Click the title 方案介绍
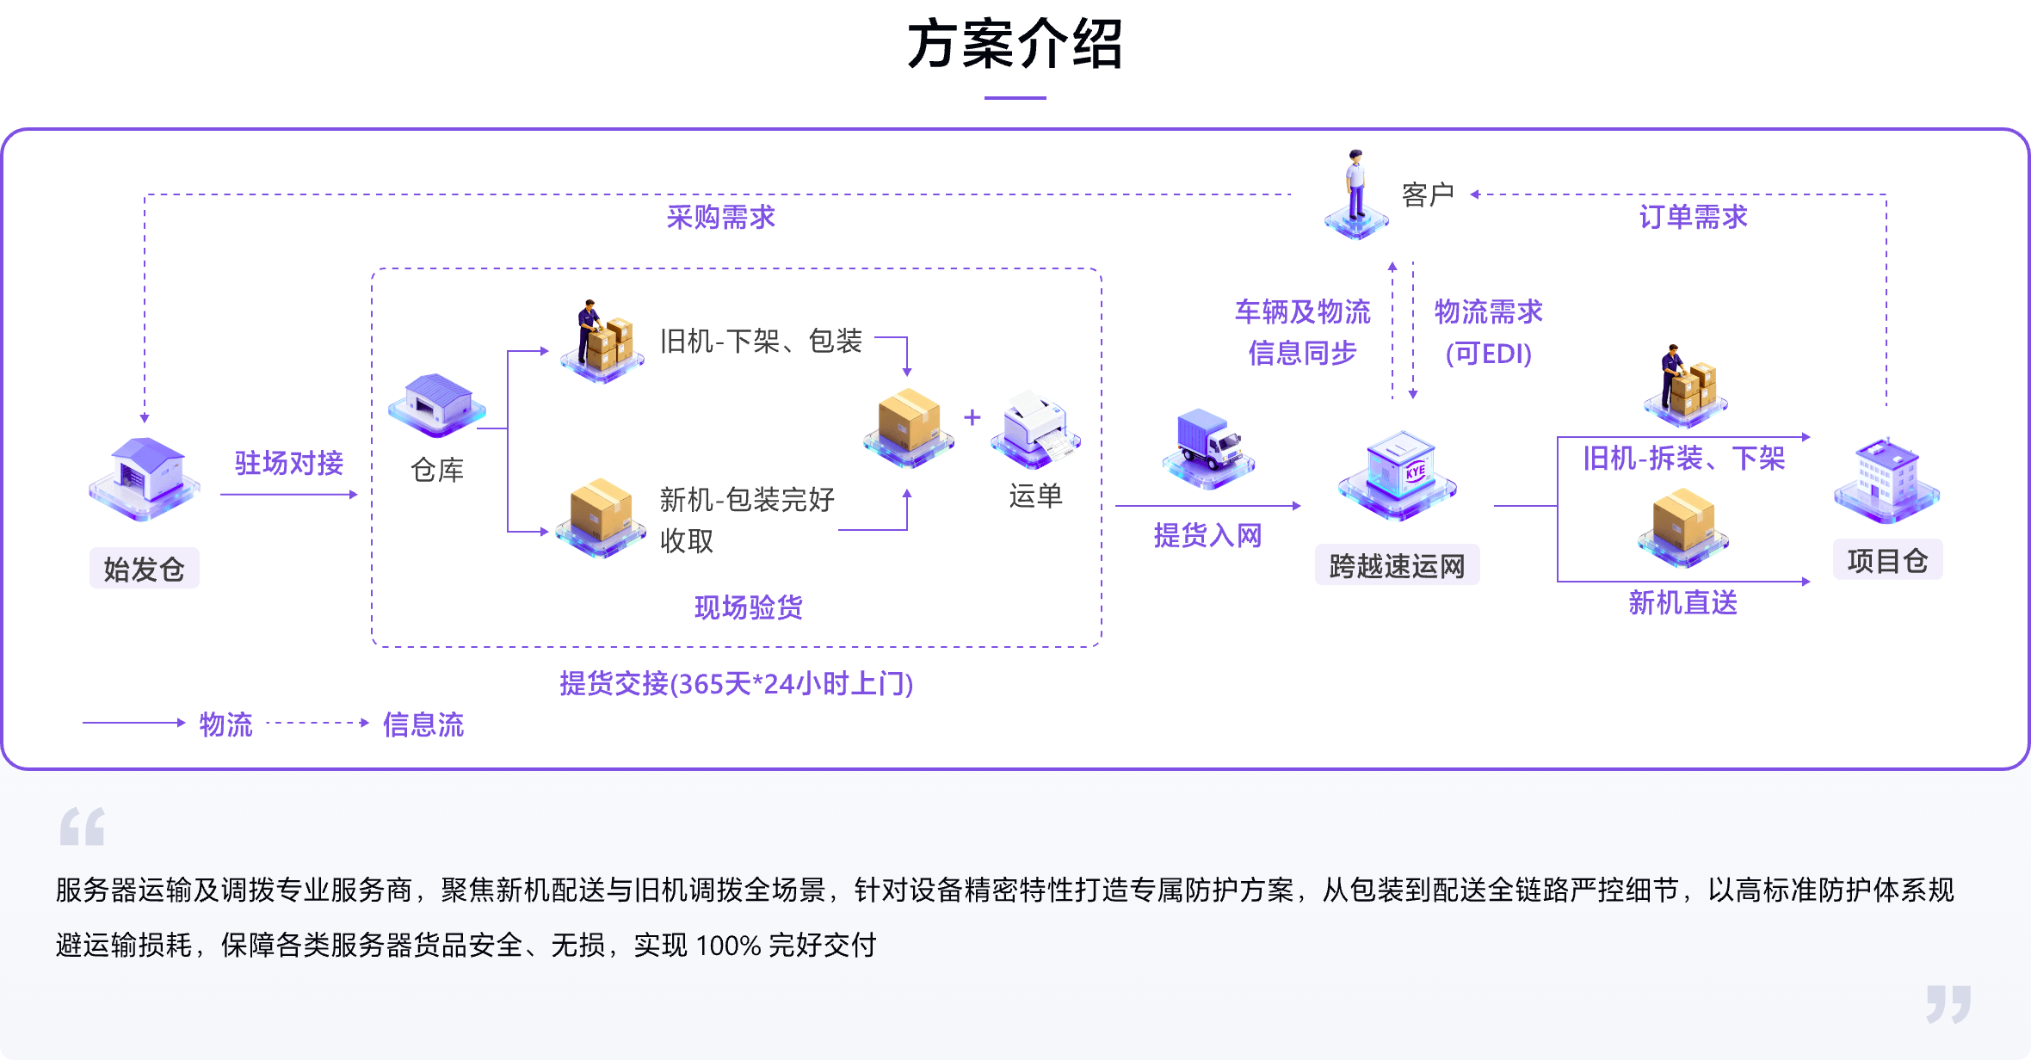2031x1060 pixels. (x=1015, y=45)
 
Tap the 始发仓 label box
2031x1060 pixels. (x=144, y=569)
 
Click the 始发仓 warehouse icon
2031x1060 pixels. (x=145, y=478)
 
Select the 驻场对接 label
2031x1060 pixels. (x=289, y=464)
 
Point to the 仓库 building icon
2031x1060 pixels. (x=437, y=404)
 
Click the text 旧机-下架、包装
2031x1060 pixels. (x=761, y=342)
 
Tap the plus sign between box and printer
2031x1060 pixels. (x=972, y=418)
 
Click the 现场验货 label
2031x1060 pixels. (x=749, y=607)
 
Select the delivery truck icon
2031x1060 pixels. (x=1209, y=447)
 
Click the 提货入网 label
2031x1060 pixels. (x=1207, y=536)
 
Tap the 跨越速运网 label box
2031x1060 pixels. (x=1397, y=566)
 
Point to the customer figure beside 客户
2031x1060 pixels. (x=1356, y=194)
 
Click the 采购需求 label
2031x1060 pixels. (x=721, y=218)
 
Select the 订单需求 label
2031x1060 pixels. (x=1693, y=218)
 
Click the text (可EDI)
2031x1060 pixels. (x=1489, y=354)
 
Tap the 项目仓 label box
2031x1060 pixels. (x=1887, y=561)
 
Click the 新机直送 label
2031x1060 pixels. (x=1682, y=603)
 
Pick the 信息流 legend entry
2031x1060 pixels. (x=423, y=724)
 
